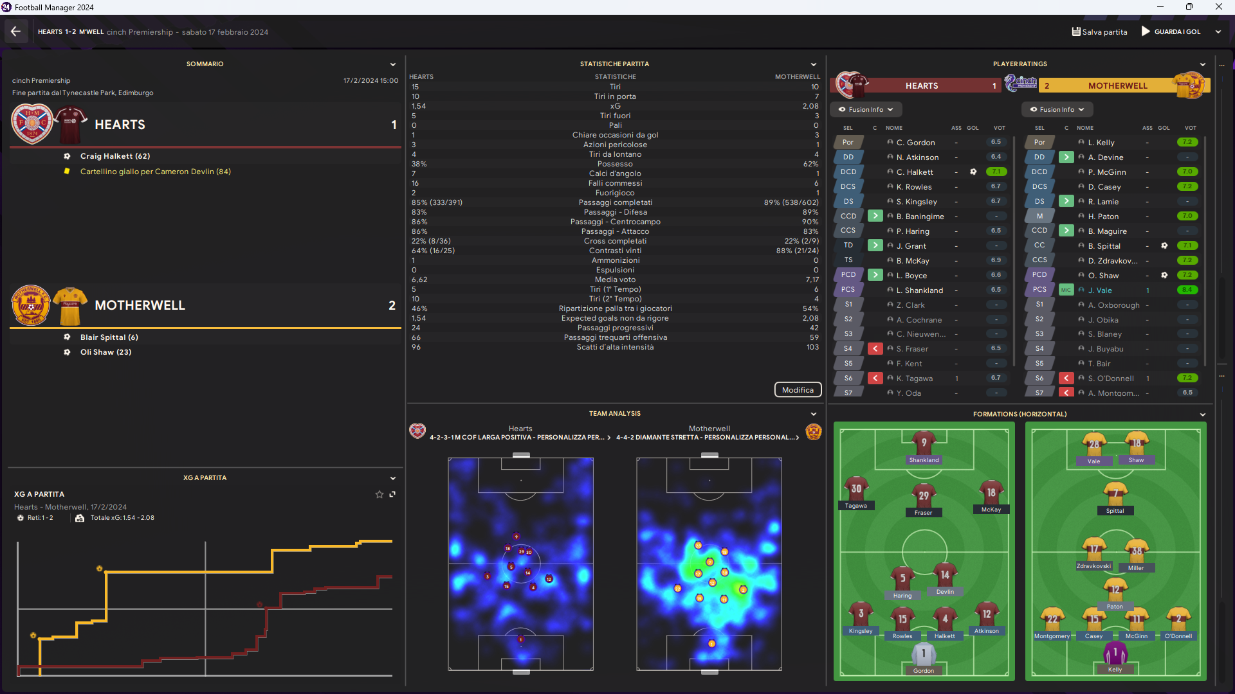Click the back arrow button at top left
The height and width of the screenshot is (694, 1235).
pos(16,31)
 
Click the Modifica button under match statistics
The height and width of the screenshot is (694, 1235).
pos(798,390)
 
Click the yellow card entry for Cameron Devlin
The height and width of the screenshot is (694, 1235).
pos(155,172)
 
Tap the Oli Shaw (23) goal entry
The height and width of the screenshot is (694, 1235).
pos(105,352)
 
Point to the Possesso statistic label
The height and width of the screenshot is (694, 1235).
pos(615,164)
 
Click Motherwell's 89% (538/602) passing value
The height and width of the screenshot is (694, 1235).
pos(791,202)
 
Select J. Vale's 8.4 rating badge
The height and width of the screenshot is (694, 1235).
pos(1187,290)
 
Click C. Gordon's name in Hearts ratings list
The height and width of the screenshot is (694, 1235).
pos(915,143)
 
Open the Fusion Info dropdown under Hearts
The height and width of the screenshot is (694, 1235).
pos(866,109)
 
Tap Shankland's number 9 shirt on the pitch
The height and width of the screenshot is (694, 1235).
pos(924,443)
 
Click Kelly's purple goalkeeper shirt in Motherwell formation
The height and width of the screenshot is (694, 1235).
pos(1115,654)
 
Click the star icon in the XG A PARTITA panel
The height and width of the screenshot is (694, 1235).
pos(380,494)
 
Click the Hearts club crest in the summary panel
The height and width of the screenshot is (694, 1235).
pos(32,123)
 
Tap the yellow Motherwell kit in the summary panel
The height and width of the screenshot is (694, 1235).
pos(70,305)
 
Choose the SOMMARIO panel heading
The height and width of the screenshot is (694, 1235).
pos(205,64)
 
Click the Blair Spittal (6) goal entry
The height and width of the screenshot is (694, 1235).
pos(109,337)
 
